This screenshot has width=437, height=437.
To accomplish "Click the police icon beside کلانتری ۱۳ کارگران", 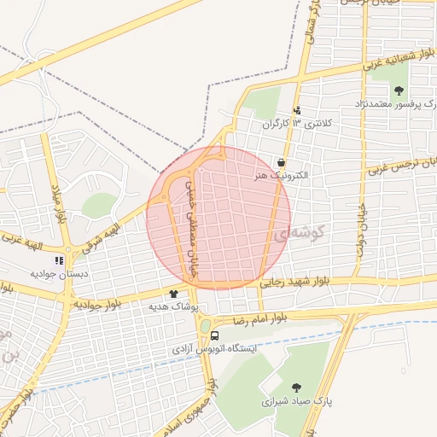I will click(297, 110).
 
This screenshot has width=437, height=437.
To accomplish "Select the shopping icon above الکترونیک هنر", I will click(281, 162).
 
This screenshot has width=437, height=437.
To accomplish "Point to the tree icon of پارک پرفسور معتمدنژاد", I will click(398, 90).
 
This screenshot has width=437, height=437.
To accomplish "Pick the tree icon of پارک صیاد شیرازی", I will click(296, 387).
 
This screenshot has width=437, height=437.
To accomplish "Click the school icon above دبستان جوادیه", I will click(60, 260).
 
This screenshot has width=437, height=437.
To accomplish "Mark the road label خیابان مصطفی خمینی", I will click(192, 220).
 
